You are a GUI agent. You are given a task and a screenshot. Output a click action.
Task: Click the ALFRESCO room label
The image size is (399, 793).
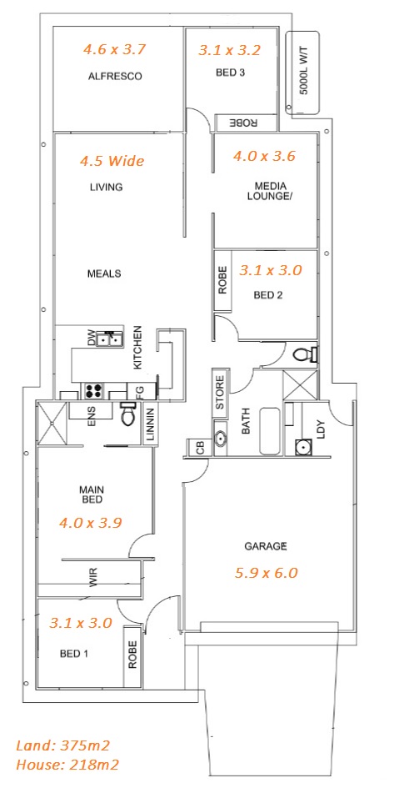point(115,77)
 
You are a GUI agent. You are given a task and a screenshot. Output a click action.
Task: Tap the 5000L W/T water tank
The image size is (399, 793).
point(303,73)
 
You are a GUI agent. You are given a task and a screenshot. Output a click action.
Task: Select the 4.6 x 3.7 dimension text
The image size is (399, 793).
point(115,49)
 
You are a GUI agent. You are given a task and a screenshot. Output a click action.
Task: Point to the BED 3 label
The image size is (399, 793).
point(230,73)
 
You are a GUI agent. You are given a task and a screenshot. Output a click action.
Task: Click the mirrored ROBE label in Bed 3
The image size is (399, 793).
point(244,123)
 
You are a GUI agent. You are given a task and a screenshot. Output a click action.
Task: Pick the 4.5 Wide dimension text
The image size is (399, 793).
point(112,161)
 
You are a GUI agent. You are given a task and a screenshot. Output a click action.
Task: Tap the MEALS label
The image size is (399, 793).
point(105,274)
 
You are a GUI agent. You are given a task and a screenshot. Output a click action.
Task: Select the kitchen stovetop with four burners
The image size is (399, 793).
point(93,390)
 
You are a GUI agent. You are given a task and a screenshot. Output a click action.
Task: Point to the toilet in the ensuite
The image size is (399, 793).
point(128,414)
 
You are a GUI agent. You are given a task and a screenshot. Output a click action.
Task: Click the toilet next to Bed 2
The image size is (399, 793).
point(306,354)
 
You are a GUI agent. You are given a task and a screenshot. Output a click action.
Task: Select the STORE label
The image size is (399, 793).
point(220,393)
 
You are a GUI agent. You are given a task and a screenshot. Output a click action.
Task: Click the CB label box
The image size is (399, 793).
point(200,448)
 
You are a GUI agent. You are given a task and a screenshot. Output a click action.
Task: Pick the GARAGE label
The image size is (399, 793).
point(266,546)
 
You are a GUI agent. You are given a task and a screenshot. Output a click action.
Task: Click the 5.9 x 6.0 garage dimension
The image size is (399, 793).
point(267,573)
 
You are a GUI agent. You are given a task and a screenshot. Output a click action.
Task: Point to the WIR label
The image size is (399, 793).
point(93,578)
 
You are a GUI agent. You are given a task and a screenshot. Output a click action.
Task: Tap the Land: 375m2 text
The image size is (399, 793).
point(63,745)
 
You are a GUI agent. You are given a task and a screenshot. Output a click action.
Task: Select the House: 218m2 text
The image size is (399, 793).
point(67,765)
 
